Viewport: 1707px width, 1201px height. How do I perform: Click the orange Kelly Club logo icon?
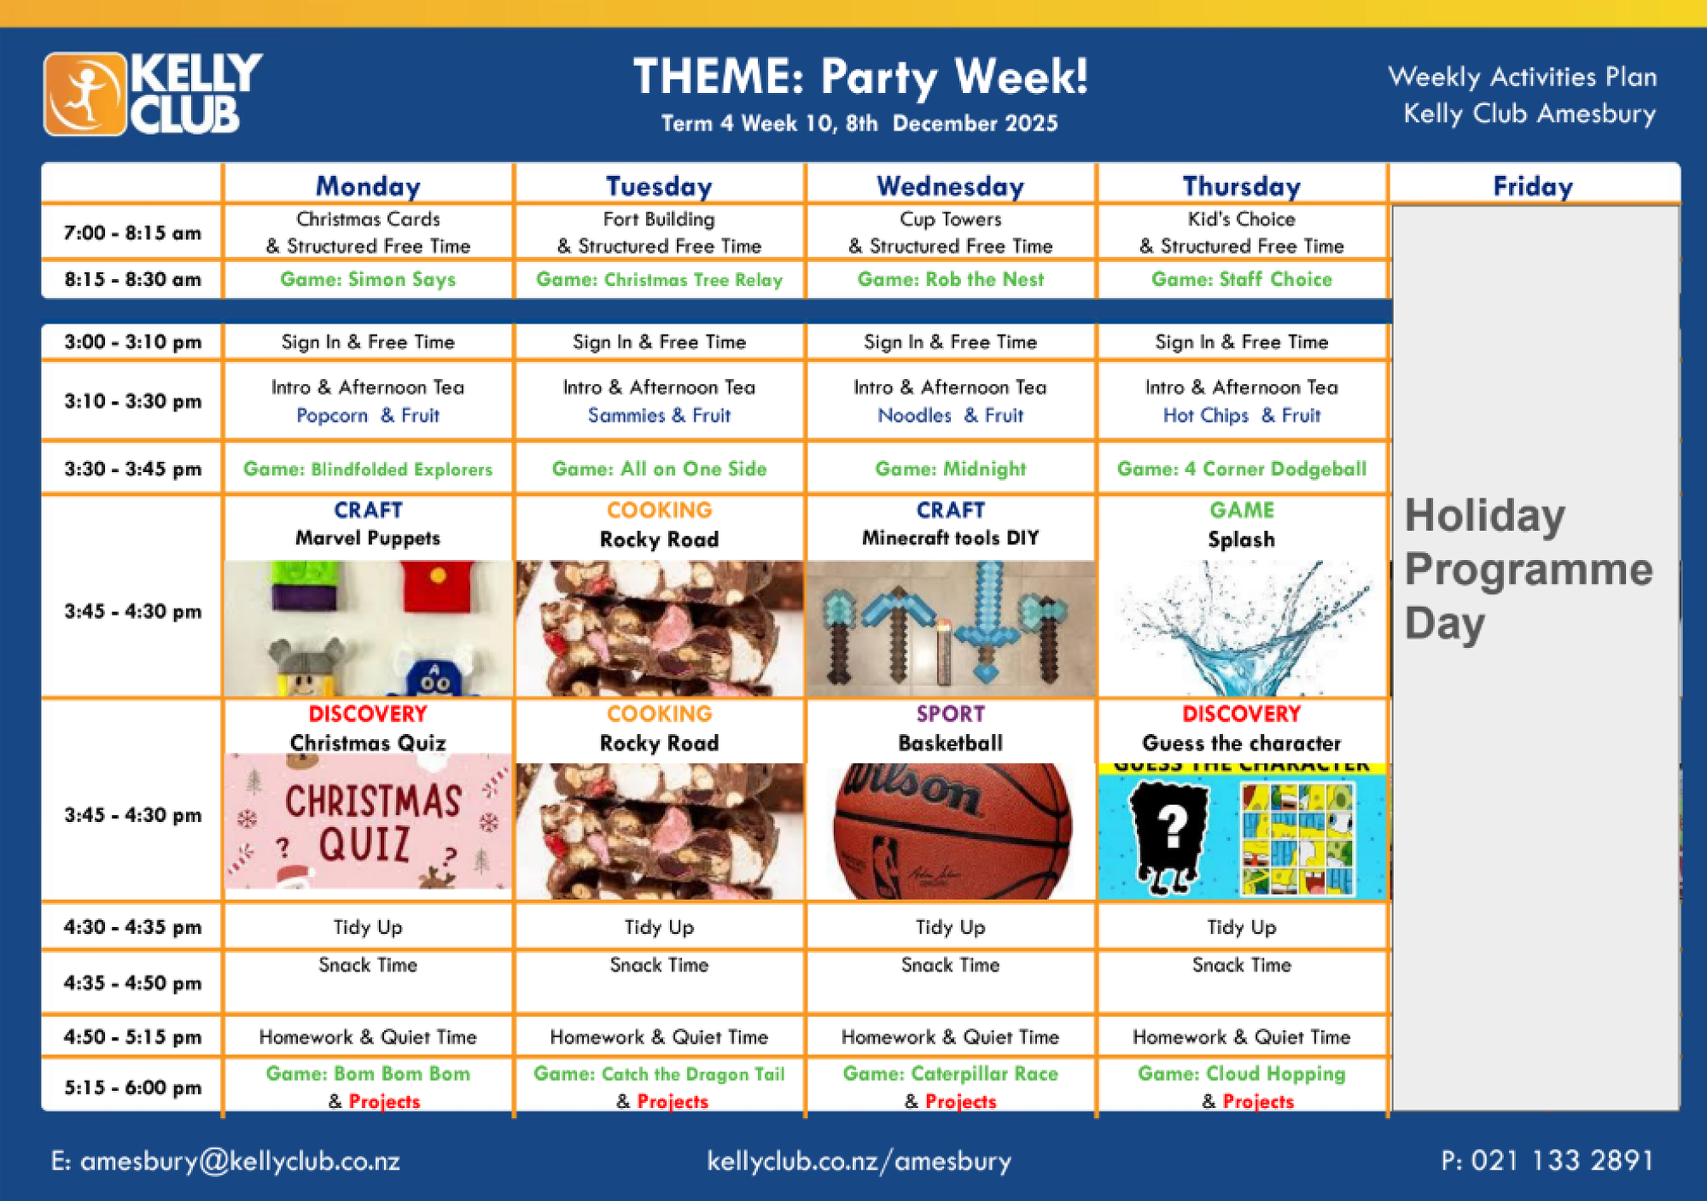click(x=85, y=94)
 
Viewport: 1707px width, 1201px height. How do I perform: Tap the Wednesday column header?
click(x=950, y=186)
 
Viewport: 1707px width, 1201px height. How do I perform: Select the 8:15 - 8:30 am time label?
click(x=132, y=279)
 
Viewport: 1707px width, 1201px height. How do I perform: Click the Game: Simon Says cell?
click(x=368, y=279)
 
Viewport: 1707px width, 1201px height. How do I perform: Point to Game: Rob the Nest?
click(x=951, y=279)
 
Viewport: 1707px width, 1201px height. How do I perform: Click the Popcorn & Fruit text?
click(x=368, y=416)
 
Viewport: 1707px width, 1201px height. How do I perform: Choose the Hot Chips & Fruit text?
click(x=1242, y=416)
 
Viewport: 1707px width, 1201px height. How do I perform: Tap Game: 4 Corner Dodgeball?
click(x=1242, y=469)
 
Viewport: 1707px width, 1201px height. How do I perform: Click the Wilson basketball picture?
click(x=951, y=831)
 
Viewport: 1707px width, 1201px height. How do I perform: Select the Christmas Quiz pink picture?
click(x=368, y=821)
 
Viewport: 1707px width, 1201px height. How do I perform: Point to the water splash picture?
click(x=1242, y=627)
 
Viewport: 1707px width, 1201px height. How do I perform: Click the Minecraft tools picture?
click(x=951, y=628)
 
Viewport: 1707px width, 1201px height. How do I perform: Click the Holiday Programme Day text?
click(x=1528, y=569)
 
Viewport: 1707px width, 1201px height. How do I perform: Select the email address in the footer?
click(x=225, y=1161)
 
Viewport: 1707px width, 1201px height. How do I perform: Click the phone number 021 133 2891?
click(x=1547, y=1161)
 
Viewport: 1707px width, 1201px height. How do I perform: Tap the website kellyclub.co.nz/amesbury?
click(x=859, y=1161)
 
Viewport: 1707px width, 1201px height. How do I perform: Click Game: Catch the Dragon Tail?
click(x=659, y=1074)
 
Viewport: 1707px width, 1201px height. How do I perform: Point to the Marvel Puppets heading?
click(x=368, y=538)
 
